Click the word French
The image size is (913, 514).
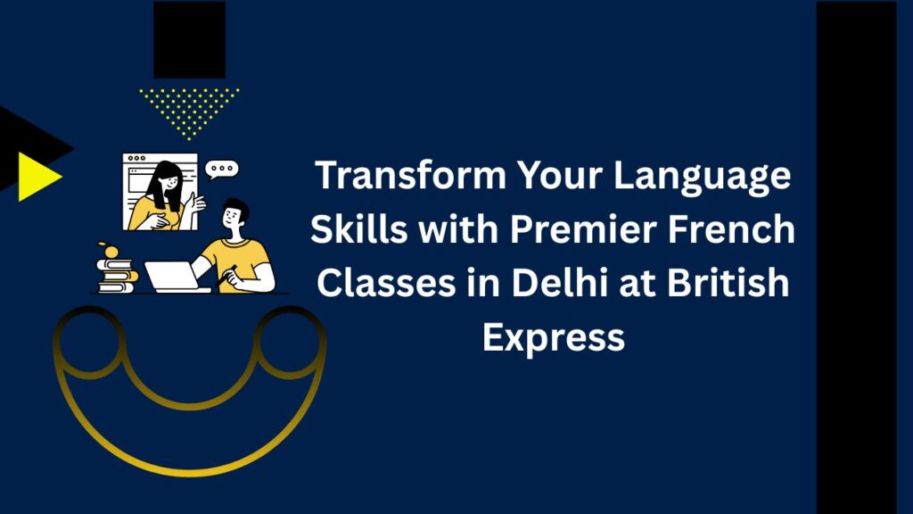tap(731, 228)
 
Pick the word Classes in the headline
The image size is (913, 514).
tap(386, 283)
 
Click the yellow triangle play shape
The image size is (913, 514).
tap(39, 177)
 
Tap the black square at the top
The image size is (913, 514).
tap(189, 39)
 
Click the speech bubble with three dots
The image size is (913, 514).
tap(222, 170)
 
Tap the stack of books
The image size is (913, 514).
tap(118, 275)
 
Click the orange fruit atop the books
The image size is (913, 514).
tap(109, 251)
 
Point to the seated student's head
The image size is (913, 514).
tap(234, 215)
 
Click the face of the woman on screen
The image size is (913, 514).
tap(169, 181)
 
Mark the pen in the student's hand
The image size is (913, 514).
tap(226, 276)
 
